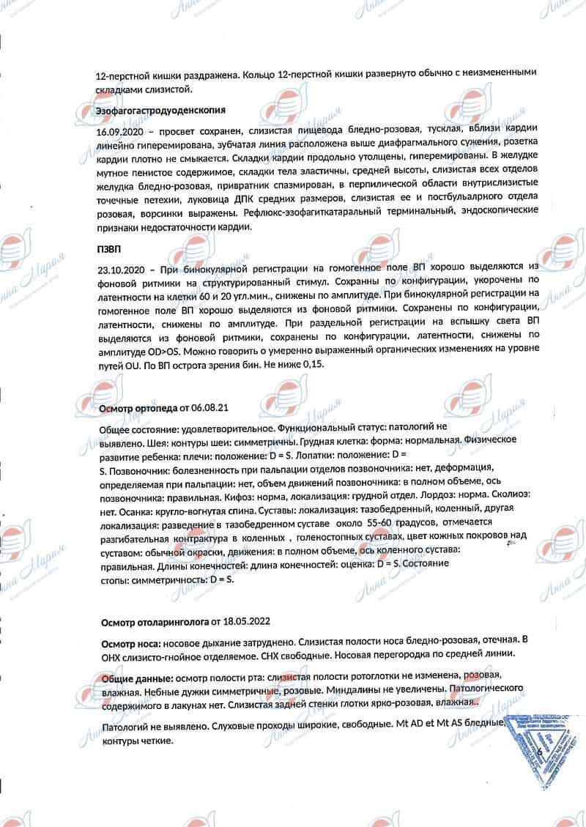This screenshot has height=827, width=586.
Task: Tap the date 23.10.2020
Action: pyautogui.click(x=119, y=269)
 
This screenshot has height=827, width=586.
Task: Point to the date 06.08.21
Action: pyautogui.click(x=221, y=407)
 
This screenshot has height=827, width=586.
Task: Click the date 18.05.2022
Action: pyautogui.click(x=246, y=622)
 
